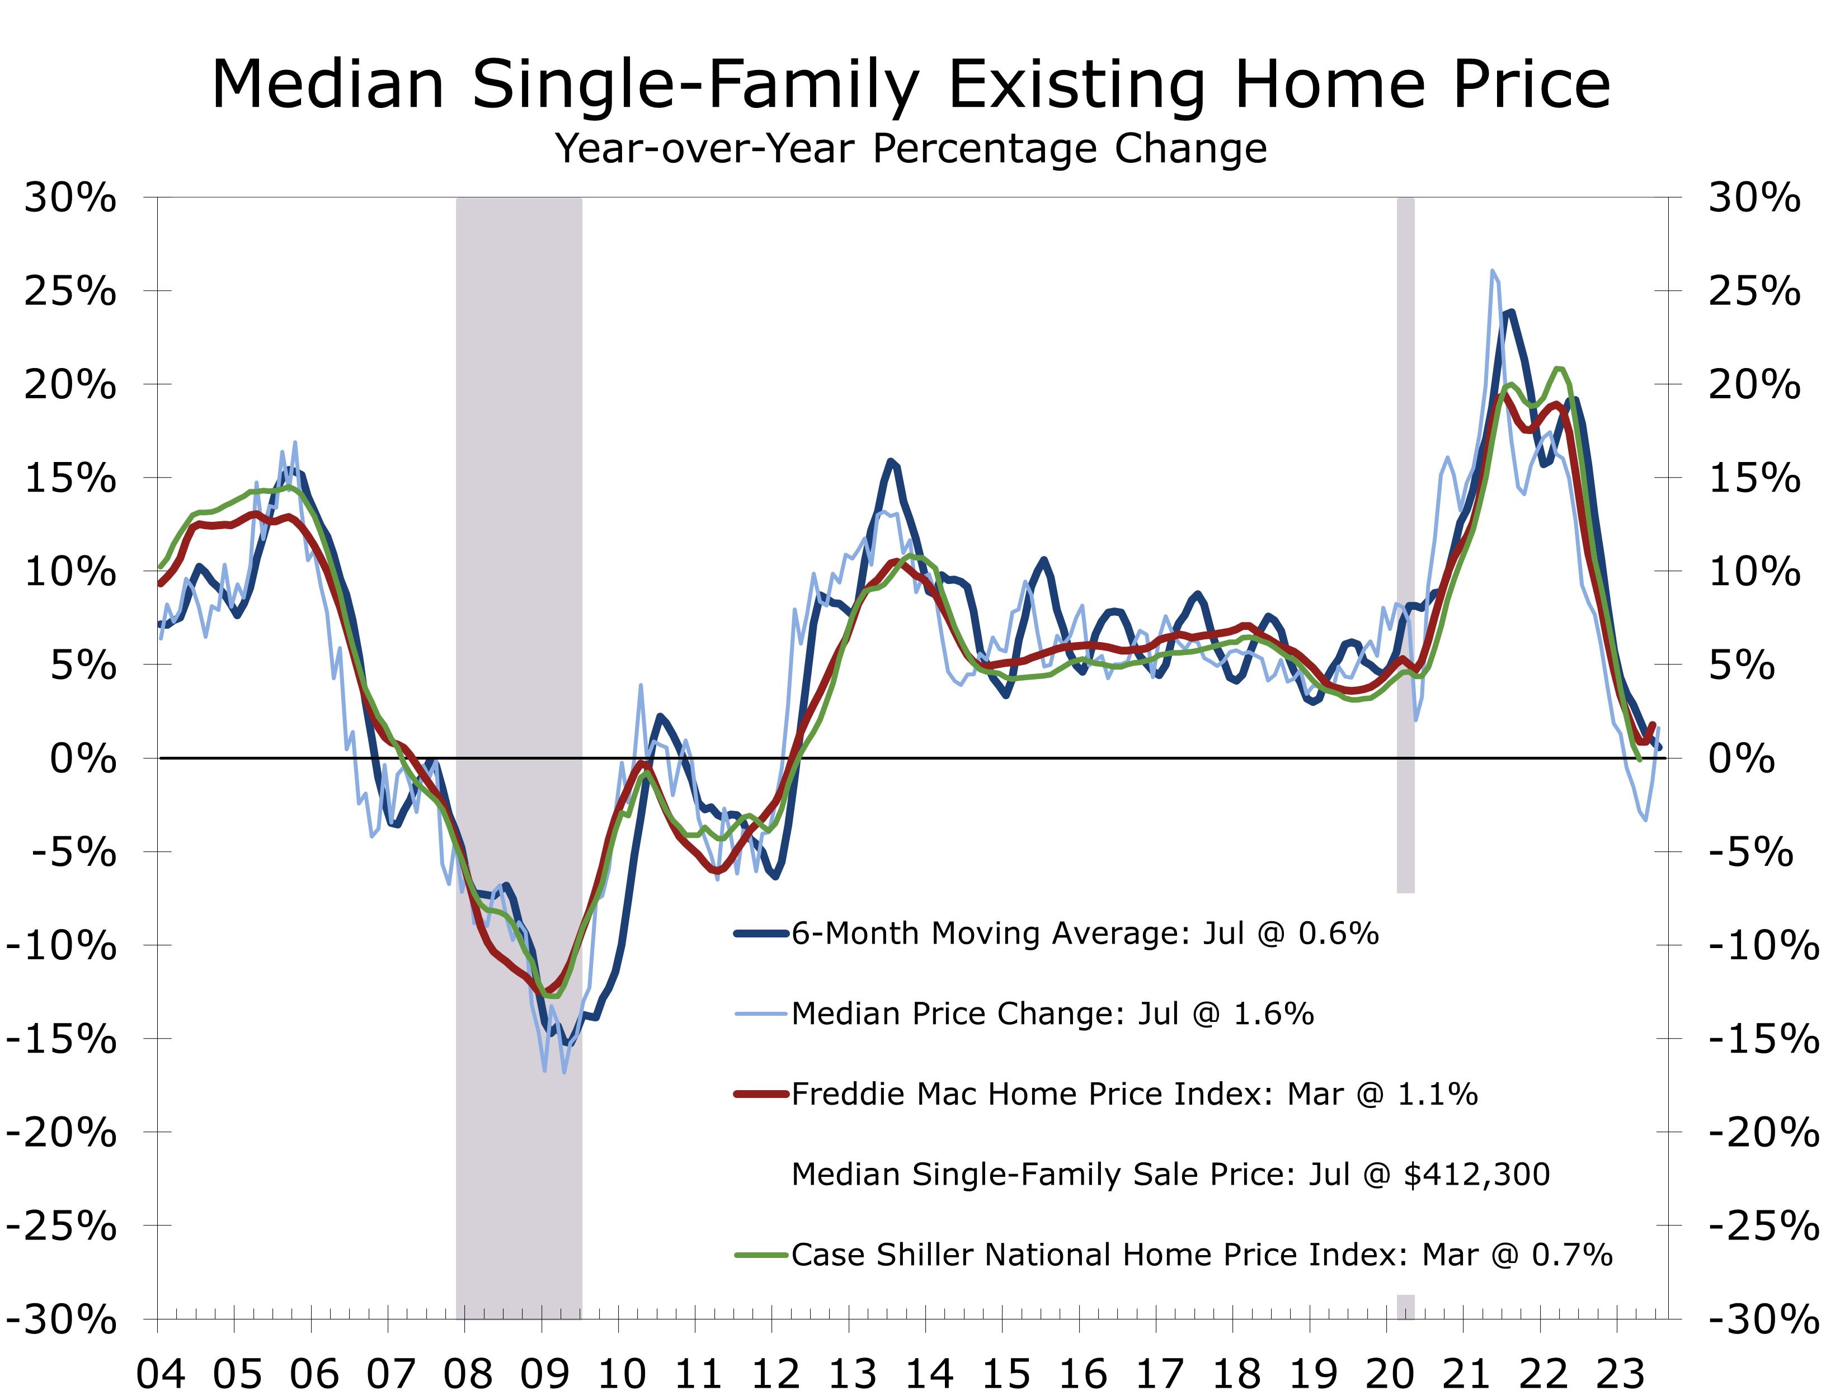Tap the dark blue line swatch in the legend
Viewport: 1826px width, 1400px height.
tap(761, 934)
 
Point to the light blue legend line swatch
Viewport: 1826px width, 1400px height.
tap(761, 1014)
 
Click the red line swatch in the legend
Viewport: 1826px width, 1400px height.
tap(761, 1094)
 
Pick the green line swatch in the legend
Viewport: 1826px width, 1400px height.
tap(761, 1255)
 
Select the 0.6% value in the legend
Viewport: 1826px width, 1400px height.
tap(1339, 934)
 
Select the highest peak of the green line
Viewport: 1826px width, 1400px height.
tap(1559, 369)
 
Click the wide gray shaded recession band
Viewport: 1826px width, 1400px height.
tap(519, 500)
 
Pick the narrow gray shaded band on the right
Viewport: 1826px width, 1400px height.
tap(1406, 417)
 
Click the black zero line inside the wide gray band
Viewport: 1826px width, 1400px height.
tap(519, 757)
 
